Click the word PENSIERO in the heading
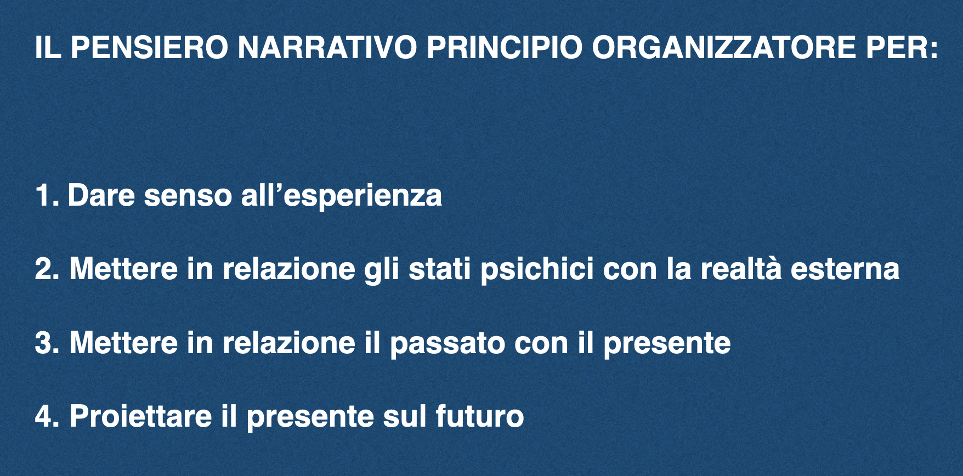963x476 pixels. click(149, 48)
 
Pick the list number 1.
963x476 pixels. click(47, 196)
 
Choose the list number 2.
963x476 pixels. click(48, 269)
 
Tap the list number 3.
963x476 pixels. click(48, 343)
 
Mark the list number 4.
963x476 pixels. click(48, 416)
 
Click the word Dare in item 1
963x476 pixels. click(101, 196)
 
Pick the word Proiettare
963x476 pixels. click(141, 416)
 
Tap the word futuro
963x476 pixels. click(480, 416)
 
